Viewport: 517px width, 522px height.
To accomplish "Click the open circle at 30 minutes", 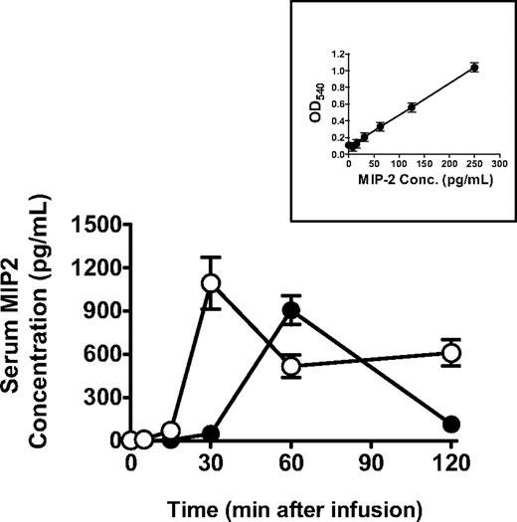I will tap(211, 283).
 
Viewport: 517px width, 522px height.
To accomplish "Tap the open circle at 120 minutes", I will tap(451, 353).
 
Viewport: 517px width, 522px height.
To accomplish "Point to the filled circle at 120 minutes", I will tap(451, 424).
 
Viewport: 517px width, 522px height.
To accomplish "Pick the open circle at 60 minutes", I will tap(291, 366).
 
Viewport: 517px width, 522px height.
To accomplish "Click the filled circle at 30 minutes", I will tap(211, 434).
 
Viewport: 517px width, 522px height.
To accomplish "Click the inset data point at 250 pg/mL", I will tap(474, 68).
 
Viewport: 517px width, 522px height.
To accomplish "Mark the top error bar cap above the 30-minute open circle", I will tap(211, 258).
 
